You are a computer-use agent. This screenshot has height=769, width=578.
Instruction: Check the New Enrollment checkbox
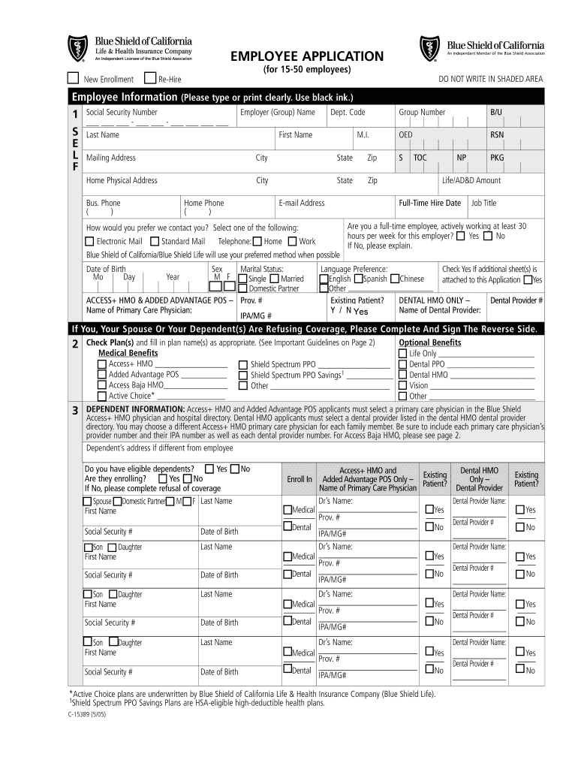[x=73, y=77]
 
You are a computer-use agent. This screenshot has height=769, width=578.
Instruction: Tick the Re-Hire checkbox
[x=150, y=77]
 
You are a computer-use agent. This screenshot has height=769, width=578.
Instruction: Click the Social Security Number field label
[x=122, y=112]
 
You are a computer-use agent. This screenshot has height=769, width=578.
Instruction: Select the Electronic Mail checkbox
[x=90, y=241]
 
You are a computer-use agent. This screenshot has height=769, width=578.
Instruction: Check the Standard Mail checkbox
[x=155, y=241]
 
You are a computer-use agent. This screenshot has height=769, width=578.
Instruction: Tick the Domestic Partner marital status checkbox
[x=242, y=288]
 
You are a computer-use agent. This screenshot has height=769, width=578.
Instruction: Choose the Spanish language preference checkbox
[x=359, y=279]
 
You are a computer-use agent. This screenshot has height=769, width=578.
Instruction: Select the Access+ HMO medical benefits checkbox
[x=102, y=363]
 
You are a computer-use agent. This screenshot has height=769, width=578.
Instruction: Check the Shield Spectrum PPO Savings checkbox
[x=242, y=375]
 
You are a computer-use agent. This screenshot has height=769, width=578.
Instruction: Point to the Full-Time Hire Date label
[x=429, y=203]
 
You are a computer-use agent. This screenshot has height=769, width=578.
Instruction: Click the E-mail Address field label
[x=301, y=203]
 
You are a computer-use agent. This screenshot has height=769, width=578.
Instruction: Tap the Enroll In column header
[x=299, y=478]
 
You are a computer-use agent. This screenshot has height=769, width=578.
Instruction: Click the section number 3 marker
[x=74, y=410]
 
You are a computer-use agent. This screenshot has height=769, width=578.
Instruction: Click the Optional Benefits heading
[x=431, y=342]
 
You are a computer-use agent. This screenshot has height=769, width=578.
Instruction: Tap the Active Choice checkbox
[x=102, y=396]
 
